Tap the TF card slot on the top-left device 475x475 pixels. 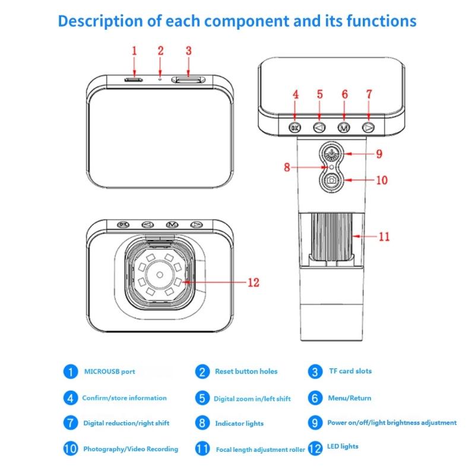187,78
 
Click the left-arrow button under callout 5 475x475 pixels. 319,126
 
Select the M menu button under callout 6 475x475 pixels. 344,126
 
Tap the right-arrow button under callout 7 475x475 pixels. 368,126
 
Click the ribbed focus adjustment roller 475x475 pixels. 333,237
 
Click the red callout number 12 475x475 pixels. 254,283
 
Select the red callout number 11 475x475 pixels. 384,236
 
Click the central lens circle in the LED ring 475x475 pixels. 160,274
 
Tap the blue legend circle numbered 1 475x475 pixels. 71,372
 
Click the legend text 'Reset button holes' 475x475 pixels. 246,372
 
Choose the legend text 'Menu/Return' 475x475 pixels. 349,398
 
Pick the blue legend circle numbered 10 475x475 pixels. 71,448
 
